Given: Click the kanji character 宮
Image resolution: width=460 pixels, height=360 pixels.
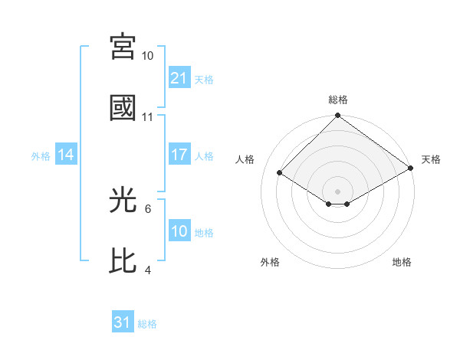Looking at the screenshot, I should coord(124,47).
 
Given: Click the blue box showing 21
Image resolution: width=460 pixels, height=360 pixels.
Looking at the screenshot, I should coord(179,78).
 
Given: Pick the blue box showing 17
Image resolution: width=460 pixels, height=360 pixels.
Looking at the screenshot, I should coord(179,155).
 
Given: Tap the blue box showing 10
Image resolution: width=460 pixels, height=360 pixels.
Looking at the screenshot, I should coord(179,231).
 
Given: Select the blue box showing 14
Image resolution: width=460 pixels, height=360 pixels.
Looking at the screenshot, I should coord(66,155).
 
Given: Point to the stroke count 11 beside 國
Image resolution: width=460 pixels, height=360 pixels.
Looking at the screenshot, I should coord(148,117).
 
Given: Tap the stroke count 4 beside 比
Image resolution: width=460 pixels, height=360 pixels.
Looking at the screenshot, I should coord(148,270).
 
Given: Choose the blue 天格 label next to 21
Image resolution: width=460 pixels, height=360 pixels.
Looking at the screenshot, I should coord(204,79).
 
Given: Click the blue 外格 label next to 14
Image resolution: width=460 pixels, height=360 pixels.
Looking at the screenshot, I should coord(41,155).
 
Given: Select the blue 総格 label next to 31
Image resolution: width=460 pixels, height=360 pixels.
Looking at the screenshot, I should coord(147,323).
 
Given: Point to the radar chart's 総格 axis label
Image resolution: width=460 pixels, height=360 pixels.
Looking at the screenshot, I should coord(338,100).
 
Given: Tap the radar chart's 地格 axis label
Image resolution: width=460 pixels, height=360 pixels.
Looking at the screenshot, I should coord(402,262).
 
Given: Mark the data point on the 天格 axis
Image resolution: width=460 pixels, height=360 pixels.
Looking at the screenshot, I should coord(412,169).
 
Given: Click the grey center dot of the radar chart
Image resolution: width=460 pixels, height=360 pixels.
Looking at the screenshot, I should coord(338,191).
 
